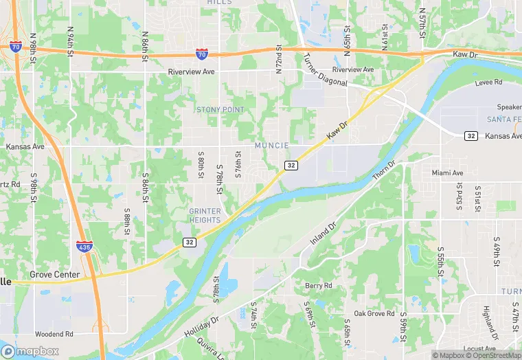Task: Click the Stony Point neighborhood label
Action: pyautogui.click(x=220, y=109)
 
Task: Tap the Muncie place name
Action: pyautogui.click(x=271, y=145)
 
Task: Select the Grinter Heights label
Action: pyautogui.click(x=205, y=215)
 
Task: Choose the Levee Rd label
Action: pyautogui.click(x=488, y=82)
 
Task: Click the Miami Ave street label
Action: pyautogui.click(x=448, y=172)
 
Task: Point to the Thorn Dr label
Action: pyautogui.click(x=385, y=172)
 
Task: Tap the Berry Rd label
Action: pyautogui.click(x=318, y=285)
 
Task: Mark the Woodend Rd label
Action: pyautogui.click(x=54, y=334)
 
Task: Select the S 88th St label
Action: pyautogui.click(x=128, y=221)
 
